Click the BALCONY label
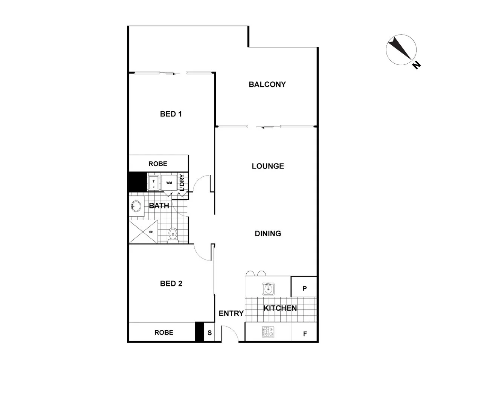point(267,84)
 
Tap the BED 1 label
point(171,114)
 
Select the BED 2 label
point(171,283)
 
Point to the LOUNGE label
point(268,166)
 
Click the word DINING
point(268,234)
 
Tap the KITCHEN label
point(280,308)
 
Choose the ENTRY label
point(231,314)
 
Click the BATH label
point(159,206)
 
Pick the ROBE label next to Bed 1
point(158,164)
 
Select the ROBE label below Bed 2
point(164,332)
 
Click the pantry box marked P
point(304,289)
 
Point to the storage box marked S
point(210,333)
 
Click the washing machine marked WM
point(169,183)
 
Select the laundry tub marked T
point(154,183)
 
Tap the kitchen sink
point(268,289)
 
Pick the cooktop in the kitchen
point(268,332)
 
